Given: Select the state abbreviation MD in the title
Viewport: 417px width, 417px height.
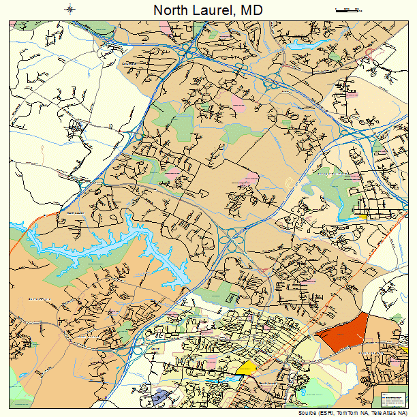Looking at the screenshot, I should [x=250, y=10].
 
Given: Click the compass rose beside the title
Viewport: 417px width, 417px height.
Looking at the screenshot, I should [x=71, y=9].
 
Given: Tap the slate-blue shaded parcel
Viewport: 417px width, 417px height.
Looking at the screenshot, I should [x=160, y=396].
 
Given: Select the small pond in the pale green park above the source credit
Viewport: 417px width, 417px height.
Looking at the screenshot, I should [x=303, y=392].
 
